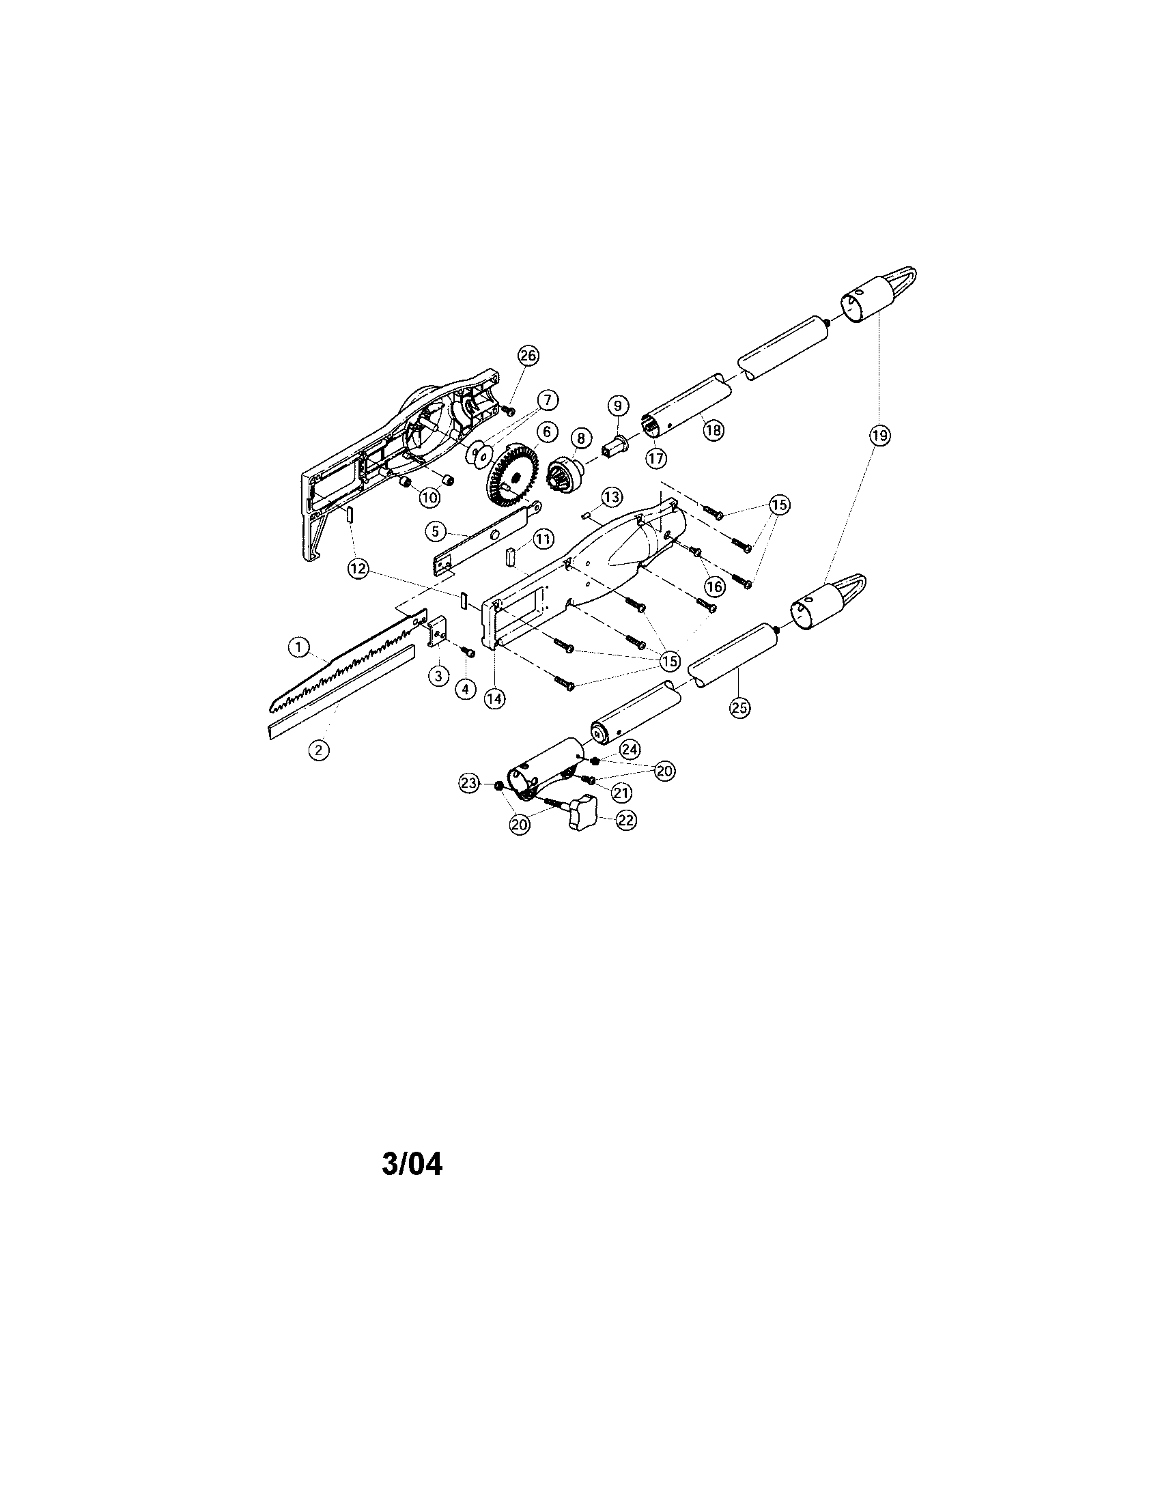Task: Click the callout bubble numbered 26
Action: coord(528,356)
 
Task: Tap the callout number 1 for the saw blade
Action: coord(298,647)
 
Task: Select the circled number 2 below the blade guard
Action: coord(318,750)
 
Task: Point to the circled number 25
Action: coord(740,709)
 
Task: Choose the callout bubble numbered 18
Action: coord(714,431)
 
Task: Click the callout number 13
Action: coord(611,496)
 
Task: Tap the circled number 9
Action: coord(617,406)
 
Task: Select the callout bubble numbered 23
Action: coord(470,782)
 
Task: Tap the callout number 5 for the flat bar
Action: coord(436,532)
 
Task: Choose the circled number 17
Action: coord(656,457)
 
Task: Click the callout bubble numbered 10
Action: coord(429,497)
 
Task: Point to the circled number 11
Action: coord(543,539)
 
